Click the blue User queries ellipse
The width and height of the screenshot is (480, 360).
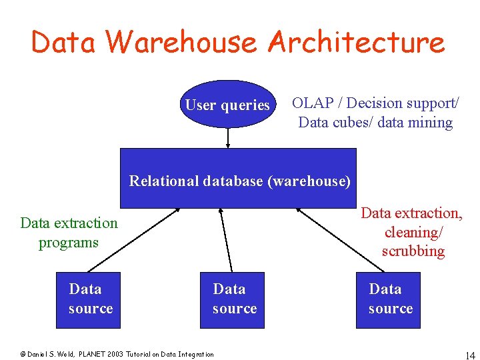coord(227,104)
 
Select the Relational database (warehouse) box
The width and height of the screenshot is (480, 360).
coord(238,178)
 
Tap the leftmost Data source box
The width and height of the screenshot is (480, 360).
coord(89,300)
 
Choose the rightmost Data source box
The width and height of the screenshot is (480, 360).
coord(389,300)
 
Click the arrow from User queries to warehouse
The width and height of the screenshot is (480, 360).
coord(228,138)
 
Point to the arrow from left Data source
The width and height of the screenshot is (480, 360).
coord(139,241)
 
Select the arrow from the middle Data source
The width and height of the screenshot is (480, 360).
coord(226,241)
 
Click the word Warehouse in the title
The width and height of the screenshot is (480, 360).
coord(181,42)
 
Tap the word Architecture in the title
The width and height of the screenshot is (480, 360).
coord(356,42)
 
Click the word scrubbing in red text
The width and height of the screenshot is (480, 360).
coord(413,251)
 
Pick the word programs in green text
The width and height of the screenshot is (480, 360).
coord(68,243)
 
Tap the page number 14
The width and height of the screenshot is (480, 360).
coord(469,354)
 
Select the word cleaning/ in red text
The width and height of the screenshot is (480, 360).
coord(413,232)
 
